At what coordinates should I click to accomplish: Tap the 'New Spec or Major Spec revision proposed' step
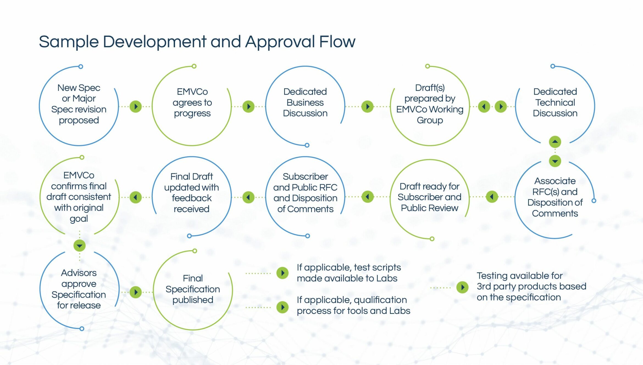tap(79, 104)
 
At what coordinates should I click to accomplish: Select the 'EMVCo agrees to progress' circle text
tap(192, 102)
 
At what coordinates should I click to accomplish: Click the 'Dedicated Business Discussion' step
tap(305, 102)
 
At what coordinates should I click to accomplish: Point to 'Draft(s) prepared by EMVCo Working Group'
tap(430, 104)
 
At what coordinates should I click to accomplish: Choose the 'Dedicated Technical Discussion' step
tap(555, 102)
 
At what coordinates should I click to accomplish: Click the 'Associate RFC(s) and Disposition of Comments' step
tap(555, 197)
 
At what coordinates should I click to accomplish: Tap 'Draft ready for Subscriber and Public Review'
tap(429, 197)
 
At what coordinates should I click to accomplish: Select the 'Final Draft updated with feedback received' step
tap(192, 193)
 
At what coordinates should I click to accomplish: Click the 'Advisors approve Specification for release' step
tap(79, 289)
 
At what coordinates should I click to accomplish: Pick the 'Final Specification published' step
tap(193, 289)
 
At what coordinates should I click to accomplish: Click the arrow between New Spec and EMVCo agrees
tap(136, 106)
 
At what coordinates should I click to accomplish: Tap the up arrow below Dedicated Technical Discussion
tap(555, 142)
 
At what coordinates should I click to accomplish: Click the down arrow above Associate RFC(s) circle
tap(555, 161)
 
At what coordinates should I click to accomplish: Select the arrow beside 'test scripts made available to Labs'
tap(282, 273)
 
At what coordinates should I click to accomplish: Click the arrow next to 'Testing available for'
tap(462, 287)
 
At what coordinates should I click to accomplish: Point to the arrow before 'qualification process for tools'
tap(282, 307)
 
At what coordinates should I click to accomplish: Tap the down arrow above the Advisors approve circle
tap(79, 246)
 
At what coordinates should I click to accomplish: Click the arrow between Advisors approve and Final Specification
tap(136, 292)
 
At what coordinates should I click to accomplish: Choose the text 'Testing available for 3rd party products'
tap(531, 281)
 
